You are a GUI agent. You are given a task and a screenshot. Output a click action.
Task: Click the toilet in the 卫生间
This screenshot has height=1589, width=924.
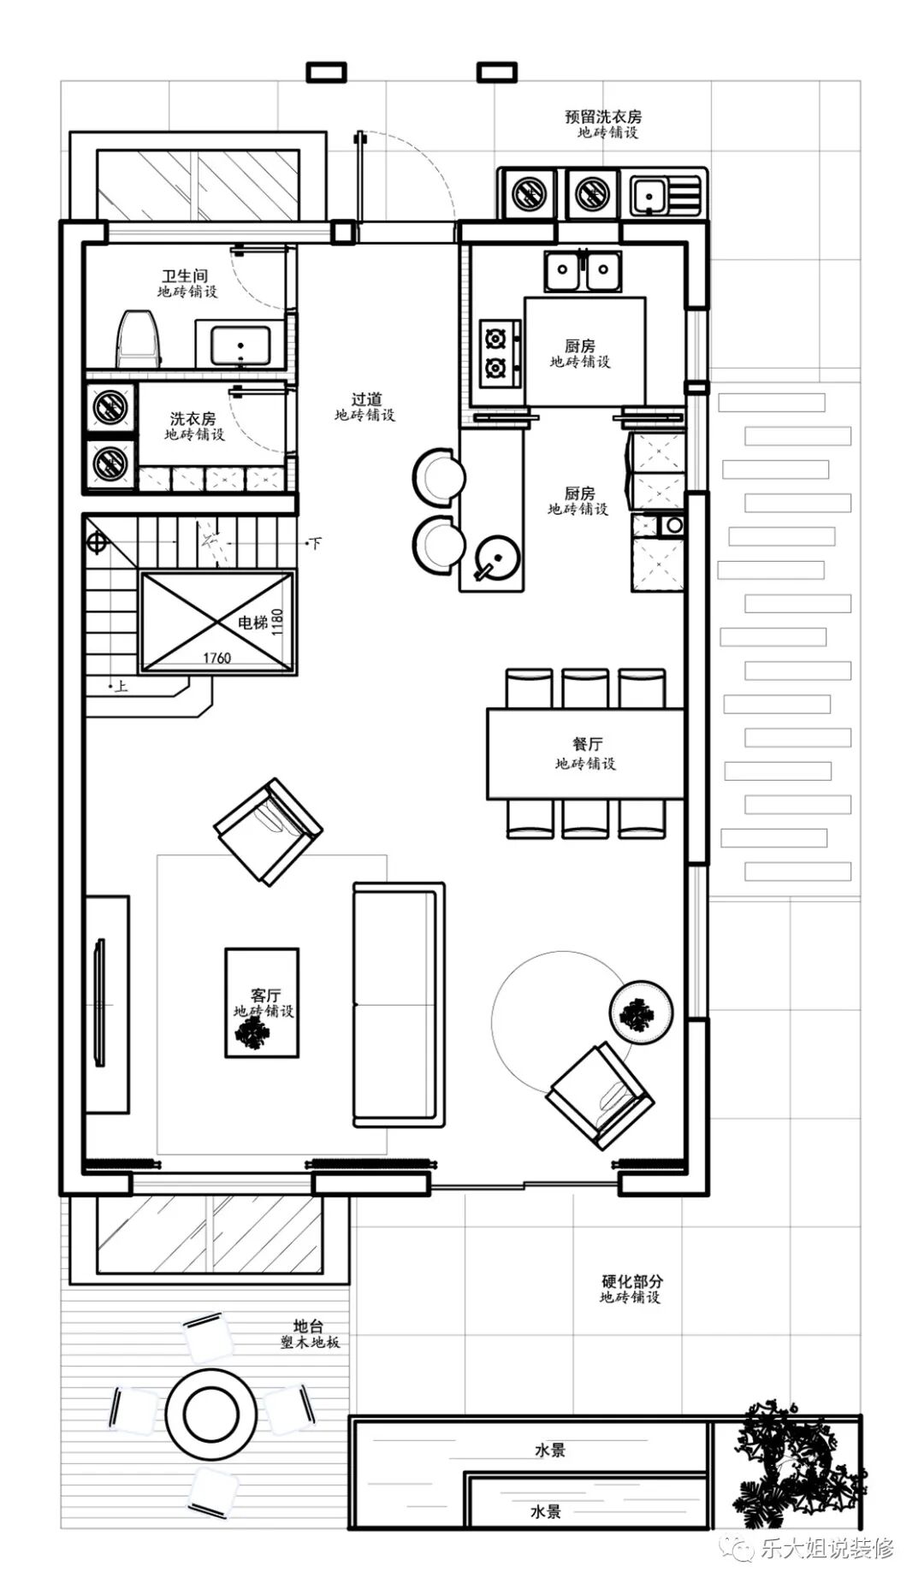(140, 339)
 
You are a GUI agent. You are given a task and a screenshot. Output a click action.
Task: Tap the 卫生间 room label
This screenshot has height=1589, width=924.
(186, 276)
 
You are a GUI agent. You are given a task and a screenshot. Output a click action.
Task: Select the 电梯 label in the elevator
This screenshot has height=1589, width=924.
(252, 623)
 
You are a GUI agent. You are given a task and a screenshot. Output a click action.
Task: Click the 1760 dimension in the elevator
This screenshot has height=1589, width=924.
(216, 658)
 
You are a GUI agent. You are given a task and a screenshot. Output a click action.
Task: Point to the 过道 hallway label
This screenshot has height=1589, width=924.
(366, 399)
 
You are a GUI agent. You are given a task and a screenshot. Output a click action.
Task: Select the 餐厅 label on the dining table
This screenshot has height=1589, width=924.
(587, 744)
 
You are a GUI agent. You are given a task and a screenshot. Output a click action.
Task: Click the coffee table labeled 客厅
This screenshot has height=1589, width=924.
(262, 1002)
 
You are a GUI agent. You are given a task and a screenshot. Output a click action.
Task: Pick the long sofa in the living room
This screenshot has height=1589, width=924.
(399, 1004)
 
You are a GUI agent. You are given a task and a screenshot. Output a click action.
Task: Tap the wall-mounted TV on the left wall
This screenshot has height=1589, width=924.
(99, 1002)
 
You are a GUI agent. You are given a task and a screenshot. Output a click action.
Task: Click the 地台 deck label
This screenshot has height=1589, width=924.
(309, 1326)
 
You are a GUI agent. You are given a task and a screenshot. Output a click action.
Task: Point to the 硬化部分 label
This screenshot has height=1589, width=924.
(631, 1281)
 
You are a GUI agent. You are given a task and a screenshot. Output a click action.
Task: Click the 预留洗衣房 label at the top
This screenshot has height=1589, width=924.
(603, 116)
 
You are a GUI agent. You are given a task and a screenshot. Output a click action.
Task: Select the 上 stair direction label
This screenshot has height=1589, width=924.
(121, 685)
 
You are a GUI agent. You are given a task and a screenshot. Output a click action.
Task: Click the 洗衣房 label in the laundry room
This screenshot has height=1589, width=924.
(192, 419)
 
